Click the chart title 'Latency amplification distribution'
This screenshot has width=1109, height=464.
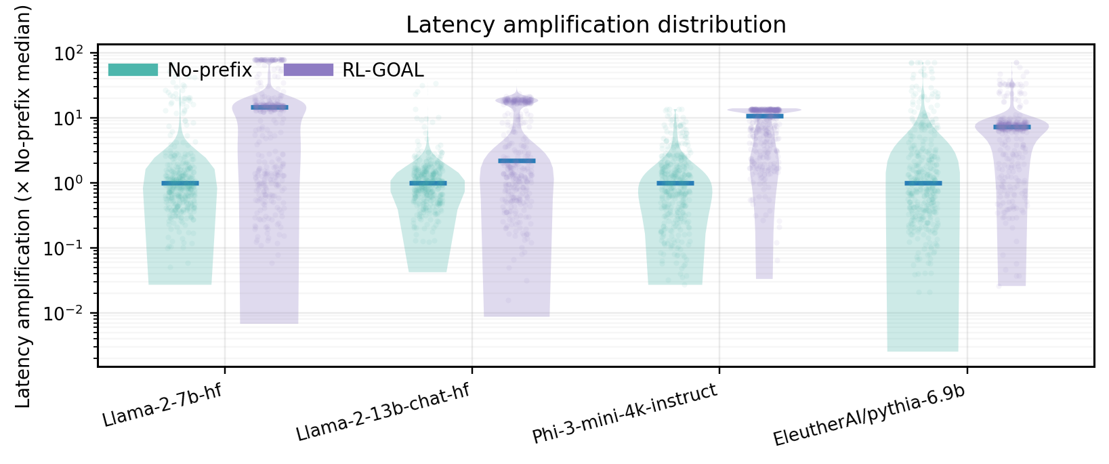click(x=595, y=25)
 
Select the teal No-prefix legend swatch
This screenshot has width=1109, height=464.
click(x=133, y=70)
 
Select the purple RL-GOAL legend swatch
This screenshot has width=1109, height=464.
click(x=308, y=70)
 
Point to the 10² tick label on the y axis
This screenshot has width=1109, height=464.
click(x=67, y=54)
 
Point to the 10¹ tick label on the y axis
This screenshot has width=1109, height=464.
click(x=67, y=119)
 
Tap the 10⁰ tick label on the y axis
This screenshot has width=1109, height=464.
click(x=67, y=184)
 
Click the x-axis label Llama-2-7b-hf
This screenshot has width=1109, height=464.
click(x=163, y=406)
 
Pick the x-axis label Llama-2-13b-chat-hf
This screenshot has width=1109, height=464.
click(x=383, y=413)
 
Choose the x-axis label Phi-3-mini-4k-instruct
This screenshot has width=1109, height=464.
click(x=625, y=414)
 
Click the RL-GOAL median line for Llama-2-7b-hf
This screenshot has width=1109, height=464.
click(x=270, y=107)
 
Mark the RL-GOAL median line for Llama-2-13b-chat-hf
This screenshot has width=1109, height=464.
click(x=517, y=161)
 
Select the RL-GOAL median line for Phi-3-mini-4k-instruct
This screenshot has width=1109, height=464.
click(x=764, y=116)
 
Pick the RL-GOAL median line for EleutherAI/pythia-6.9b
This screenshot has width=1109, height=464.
click(x=1012, y=127)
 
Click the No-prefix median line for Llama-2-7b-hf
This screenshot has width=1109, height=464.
click(x=180, y=183)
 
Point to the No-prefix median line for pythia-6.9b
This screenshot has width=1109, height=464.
click(x=923, y=183)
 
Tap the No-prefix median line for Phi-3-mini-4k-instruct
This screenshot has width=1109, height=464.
click(x=675, y=183)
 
